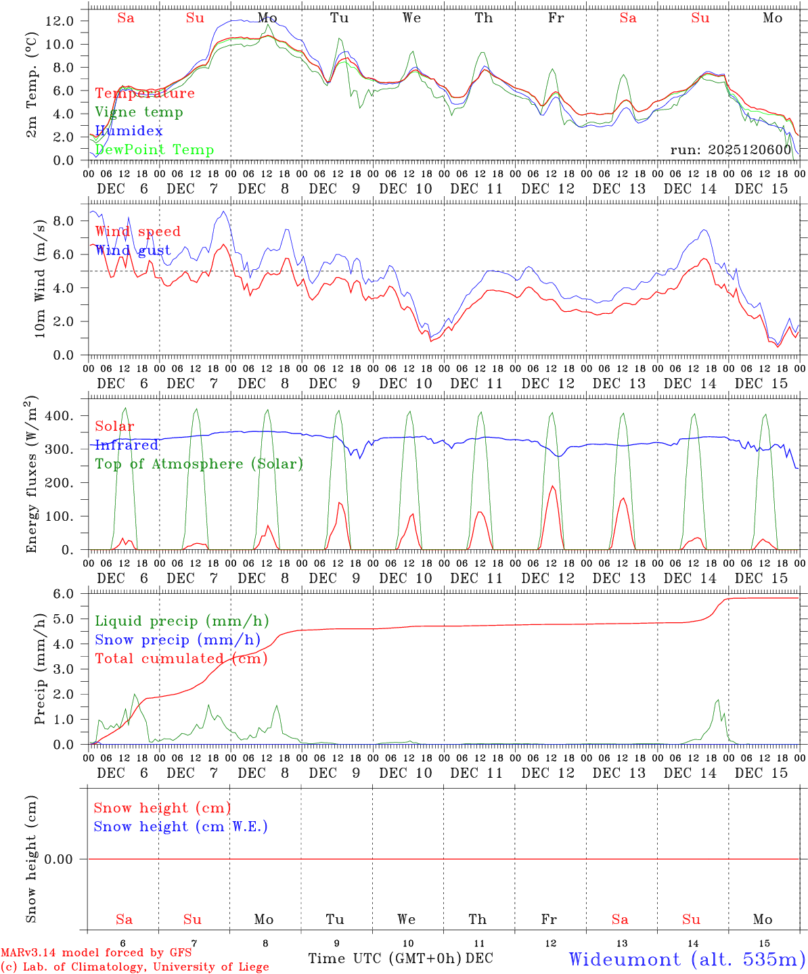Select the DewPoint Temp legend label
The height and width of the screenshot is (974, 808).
coord(154,150)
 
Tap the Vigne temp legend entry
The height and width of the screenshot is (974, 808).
coord(139,112)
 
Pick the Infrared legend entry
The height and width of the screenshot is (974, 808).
coord(127,445)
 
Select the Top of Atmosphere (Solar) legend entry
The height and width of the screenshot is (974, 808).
coord(198,464)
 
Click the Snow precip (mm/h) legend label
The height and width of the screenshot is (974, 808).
coord(177,640)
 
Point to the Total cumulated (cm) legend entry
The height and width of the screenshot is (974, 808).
coord(181,659)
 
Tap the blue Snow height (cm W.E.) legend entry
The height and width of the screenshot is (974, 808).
coord(181,827)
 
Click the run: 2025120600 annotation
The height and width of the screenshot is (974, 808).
coord(730,149)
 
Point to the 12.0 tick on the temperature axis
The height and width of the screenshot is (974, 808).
coord(60,21)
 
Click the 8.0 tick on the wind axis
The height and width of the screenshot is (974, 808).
coord(64,221)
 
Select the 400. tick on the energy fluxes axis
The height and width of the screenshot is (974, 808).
coord(60,416)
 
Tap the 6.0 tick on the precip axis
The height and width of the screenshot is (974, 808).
coord(64,594)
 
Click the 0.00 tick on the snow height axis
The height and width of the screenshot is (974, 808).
coord(64,859)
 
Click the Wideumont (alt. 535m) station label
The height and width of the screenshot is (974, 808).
coord(687,959)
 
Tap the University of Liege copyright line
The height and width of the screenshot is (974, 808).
coord(135,967)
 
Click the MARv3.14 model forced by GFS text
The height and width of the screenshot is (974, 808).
coord(96,953)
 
